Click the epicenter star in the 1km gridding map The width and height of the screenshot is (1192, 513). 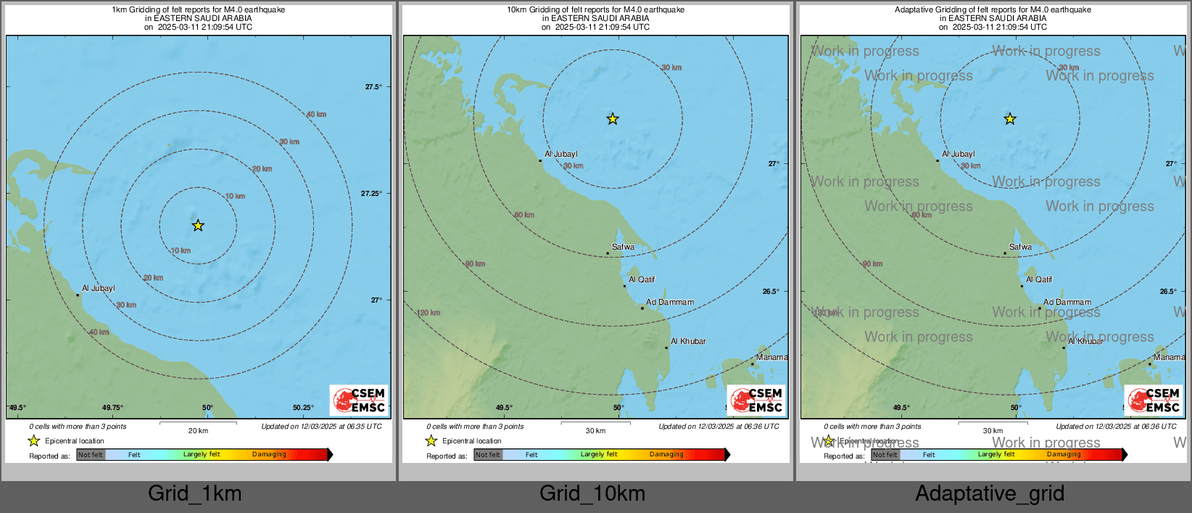[x=198, y=226]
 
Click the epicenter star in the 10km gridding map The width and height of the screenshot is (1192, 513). [x=613, y=119]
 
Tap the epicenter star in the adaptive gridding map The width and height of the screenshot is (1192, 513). [x=1010, y=119]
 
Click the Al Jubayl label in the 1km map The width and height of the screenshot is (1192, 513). [x=98, y=288]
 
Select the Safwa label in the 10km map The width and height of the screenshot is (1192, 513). [x=623, y=247]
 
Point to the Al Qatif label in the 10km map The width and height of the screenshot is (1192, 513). [x=642, y=279]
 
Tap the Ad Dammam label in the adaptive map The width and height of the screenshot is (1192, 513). [x=1067, y=302]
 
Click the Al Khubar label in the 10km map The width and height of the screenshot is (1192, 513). [x=688, y=341]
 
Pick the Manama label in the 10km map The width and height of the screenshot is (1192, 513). [x=771, y=357]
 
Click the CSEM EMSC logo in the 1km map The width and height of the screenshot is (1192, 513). [x=359, y=400]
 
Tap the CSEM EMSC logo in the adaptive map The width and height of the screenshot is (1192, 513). [x=1154, y=400]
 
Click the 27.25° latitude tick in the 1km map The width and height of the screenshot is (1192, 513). [x=371, y=193]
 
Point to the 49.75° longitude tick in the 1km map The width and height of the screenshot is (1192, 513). [x=112, y=408]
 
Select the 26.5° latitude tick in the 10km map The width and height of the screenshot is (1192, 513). [x=771, y=292]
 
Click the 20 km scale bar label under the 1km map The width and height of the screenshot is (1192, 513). [x=198, y=430]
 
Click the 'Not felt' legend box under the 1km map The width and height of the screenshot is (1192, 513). [x=91, y=455]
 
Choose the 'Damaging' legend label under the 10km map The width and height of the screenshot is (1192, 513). [x=666, y=454]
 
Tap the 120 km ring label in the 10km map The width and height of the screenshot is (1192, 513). [x=429, y=313]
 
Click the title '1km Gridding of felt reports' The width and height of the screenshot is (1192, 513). [x=198, y=10]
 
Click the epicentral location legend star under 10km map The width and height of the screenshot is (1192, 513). [x=431, y=440]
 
